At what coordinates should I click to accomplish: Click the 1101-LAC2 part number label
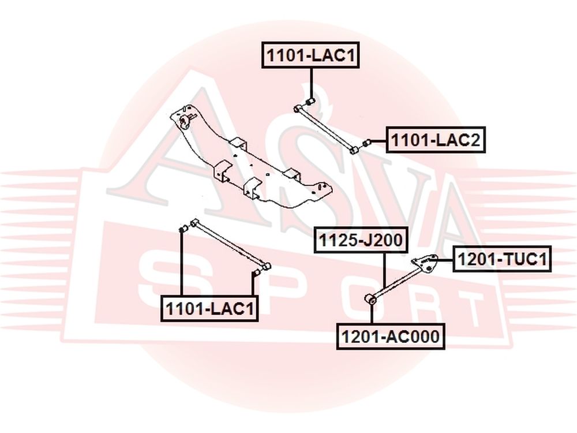436,140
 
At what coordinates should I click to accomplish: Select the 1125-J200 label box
361,240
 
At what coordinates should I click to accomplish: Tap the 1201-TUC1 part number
502,259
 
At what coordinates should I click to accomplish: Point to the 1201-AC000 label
391,336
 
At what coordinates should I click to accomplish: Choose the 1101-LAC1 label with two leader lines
209,308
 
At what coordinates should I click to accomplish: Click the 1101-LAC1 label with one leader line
310,55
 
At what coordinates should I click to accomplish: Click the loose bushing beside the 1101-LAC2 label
366,143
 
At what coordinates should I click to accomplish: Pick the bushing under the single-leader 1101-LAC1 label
310,101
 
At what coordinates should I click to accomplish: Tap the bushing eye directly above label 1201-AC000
371,298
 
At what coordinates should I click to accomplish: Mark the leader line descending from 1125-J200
384,270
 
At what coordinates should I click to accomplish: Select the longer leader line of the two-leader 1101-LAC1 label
181,264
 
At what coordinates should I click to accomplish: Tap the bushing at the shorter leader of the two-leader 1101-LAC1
257,273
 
